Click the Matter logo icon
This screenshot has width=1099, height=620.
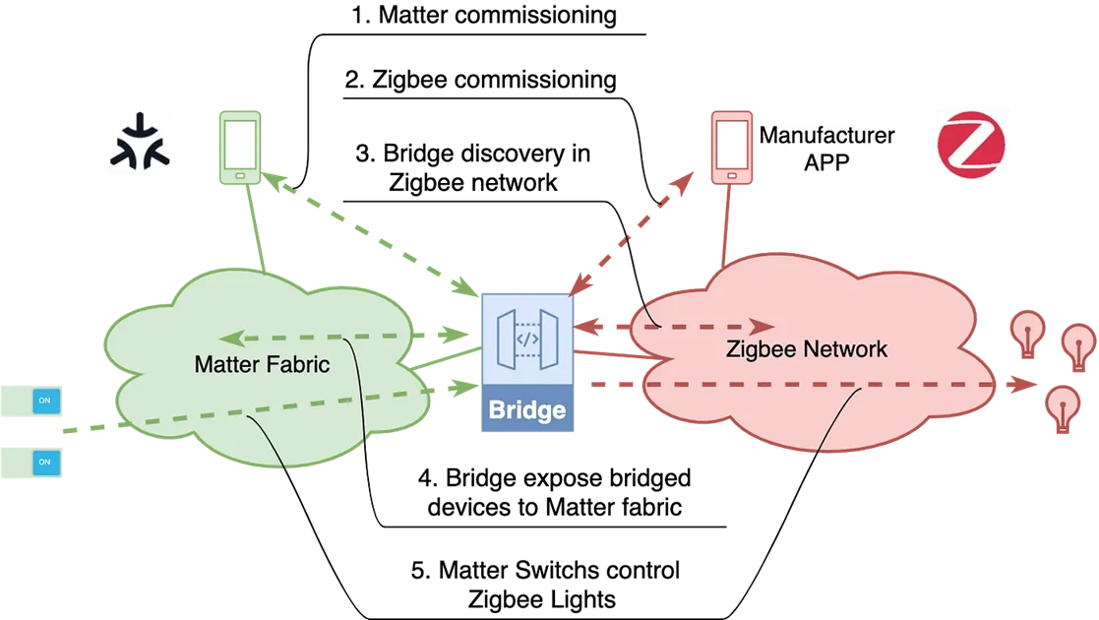[x=140, y=142]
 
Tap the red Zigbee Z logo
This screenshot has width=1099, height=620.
[x=972, y=147]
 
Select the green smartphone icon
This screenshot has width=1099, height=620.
[x=240, y=147]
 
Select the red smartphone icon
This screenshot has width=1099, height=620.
[x=732, y=146]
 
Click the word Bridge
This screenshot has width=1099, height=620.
[x=526, y=409]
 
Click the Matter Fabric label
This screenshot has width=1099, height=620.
[x=262, y=364]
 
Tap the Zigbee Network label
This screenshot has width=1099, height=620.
[x=807, y=348]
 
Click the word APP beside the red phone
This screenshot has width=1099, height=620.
[x=826, y=162]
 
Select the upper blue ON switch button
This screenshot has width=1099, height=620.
[x=44, y=401]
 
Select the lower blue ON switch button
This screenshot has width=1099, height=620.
[x=44, y=461]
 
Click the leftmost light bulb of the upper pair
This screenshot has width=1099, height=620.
[x=1028, y=334]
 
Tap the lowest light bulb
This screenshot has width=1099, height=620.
[x=1062, y=407]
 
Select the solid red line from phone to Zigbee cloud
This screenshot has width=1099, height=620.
[x=727, y=226]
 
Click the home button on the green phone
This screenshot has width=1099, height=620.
[x=240, y=176]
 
